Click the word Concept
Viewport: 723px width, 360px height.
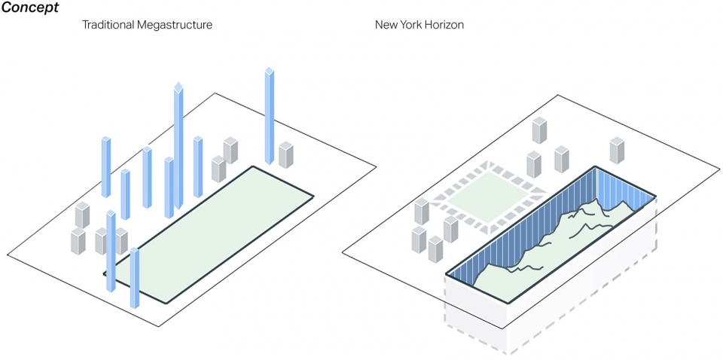coord(30,8)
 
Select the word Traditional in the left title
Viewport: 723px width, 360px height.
coord(108,24)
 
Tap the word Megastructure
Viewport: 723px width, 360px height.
coord(175,26)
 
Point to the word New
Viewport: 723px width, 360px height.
coord(386,24)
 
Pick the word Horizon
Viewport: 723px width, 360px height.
coord(444,24)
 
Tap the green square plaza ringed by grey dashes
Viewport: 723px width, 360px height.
coord(490,197)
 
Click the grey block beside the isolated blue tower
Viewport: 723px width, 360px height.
coord(286,155)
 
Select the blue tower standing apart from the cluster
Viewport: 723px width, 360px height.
coord(270,116)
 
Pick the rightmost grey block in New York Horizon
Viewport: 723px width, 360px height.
coord(617,151)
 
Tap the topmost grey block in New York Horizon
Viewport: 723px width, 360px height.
coord(539,130)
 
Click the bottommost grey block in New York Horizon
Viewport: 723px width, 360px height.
coord(435,249)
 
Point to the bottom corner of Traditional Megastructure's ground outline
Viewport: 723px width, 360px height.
coord(159,326)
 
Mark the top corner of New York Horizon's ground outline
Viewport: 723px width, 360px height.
coord(558,96)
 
